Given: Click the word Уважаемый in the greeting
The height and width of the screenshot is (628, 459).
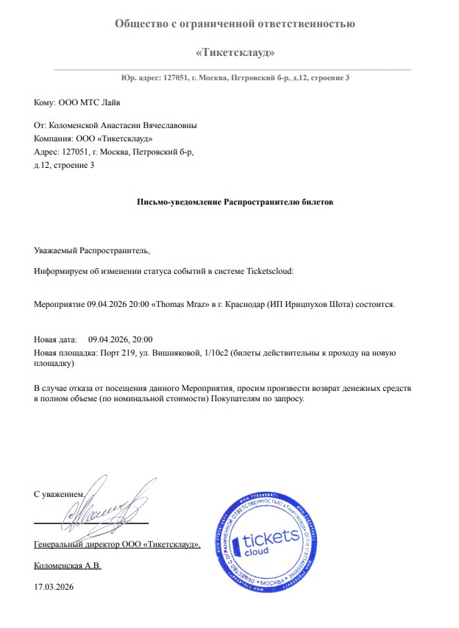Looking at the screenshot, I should pos(56,250).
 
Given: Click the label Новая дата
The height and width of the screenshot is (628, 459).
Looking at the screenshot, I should pos(54,339).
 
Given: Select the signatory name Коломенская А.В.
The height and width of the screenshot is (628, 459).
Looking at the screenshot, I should pos(68,565).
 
